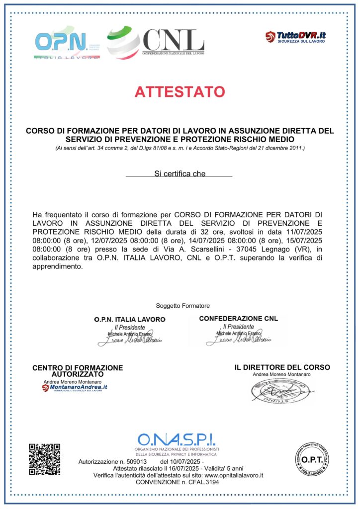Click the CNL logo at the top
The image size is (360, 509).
[155, 42]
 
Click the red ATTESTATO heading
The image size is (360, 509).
[180, 91]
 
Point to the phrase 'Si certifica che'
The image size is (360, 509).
[180, 173]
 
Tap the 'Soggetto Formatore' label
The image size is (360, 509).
[182, 305]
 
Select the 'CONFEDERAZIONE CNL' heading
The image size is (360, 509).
[238, 318]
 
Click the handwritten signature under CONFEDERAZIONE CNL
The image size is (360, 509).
[238, 340]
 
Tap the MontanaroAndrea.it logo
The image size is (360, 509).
[75, 387]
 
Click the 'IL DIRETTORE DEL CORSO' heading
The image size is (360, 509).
[282, 367]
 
